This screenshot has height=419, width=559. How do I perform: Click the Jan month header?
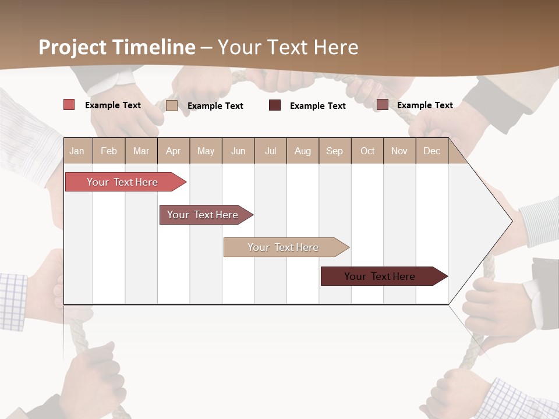[x=77, y=151]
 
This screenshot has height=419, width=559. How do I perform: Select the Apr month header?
[x=173, y=151]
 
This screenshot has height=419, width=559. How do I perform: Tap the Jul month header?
[x=270, y=151]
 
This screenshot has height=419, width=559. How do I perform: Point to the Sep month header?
[x=334, y=151]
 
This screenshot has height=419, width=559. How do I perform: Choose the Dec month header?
[x=431, y=151]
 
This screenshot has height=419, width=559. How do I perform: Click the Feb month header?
[x=109, y=151]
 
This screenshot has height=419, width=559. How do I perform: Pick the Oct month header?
[x=367, y=151]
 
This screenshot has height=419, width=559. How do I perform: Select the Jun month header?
[x=238, y=151]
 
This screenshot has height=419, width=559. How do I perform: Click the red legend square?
[x=69, y=105]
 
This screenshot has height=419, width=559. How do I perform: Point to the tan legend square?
[x=172, y=105]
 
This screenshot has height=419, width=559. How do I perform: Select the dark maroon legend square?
[x=275, y=105]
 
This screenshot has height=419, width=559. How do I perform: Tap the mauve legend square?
[x=382, y=105]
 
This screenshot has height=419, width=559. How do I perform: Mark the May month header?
[x=206, y=151]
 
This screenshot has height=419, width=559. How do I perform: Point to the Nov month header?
[x=399, y=151]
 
